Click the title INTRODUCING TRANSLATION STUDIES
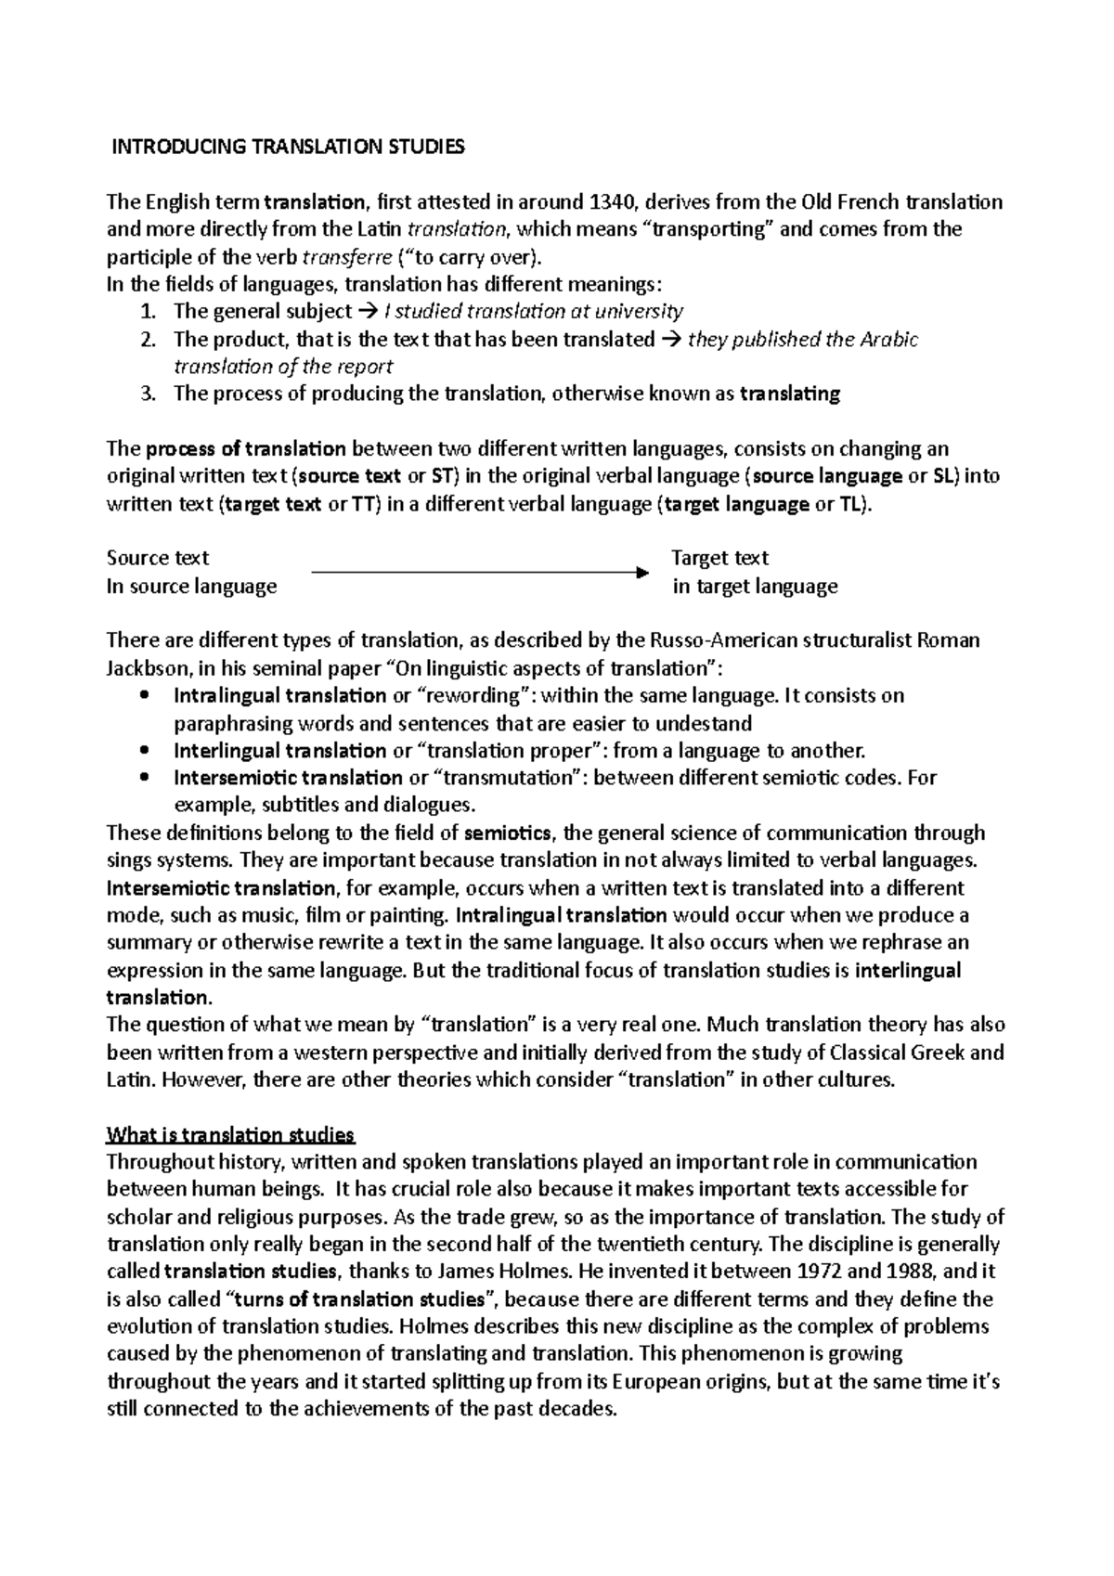[x=287, y=147]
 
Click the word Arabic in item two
[x=888, y=340]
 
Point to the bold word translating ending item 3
[x=790, y=394]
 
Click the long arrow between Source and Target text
[x=478, y=573]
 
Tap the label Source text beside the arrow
[x=158, y=558]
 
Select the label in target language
[x=755, y=587]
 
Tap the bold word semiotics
[x=508, y=833]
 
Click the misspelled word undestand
[x=710, y=723]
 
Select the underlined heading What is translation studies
[x=230, y=1134]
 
